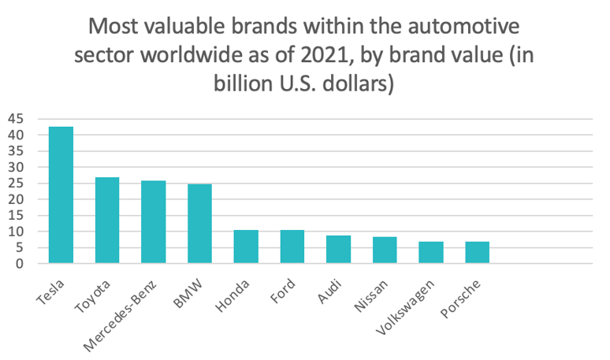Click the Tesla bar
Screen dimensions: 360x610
coord(61,195)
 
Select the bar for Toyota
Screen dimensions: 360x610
coord(107,221)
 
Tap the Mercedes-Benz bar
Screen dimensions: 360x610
coord(154,222)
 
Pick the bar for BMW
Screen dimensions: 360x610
coord(199,224)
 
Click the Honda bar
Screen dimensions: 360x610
coord(246,247)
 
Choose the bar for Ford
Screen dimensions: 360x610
coord(292,247)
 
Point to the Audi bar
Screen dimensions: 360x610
coord(338,250)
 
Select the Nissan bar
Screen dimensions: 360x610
coord(385,251)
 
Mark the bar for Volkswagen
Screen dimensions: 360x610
coord(431,253)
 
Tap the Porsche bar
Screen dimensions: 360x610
coord(477,253)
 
